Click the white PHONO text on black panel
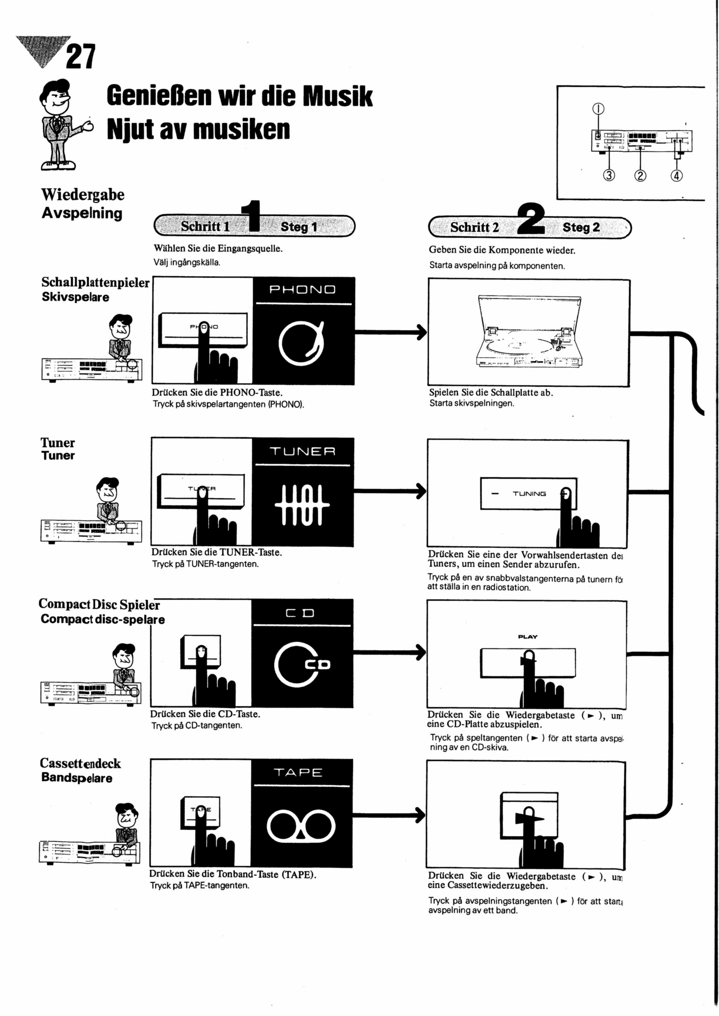[303, 290]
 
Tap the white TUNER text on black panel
[303, 451]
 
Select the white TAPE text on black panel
[298, 773]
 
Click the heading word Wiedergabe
[83, 195]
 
